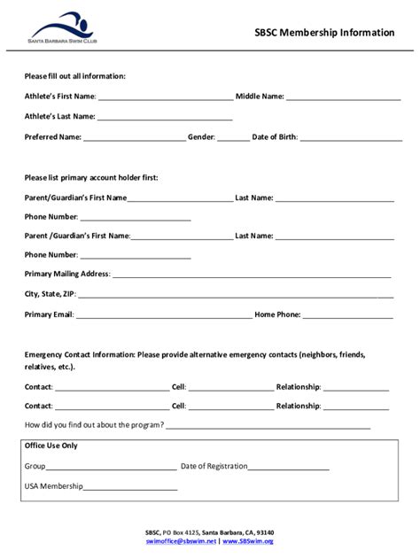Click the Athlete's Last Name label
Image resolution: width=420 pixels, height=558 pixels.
click(x=59, y=116)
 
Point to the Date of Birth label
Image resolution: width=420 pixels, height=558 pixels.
click(x=274, y=137)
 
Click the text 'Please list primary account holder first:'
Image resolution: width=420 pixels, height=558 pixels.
click(x=91, y=178)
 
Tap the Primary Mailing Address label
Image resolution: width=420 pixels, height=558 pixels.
click(x=67, y=274)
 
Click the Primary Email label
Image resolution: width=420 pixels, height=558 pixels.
click(x=49, y=314)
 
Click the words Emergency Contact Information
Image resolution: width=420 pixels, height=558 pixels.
click(x=80, y=354)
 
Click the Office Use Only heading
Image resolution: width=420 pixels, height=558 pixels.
click(x=51, y=446)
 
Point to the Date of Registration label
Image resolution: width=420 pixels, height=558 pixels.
click(x=218, y=466)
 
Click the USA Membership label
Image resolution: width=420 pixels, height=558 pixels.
click(x=53, y=486)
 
